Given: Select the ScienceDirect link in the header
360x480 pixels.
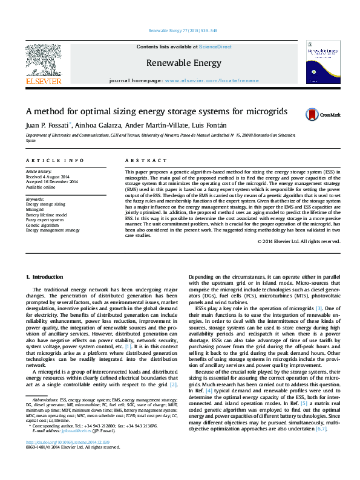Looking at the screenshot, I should [216, 47].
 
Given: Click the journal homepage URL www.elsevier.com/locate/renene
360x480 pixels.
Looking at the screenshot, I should [211, 80].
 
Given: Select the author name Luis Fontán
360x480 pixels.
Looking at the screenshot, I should [212, 125].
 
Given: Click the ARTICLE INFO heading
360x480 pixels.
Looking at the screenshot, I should [54, 160].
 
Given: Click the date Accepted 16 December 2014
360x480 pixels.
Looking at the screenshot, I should [48, 182].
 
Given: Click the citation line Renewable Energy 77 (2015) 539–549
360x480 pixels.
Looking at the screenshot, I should [183, 30].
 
